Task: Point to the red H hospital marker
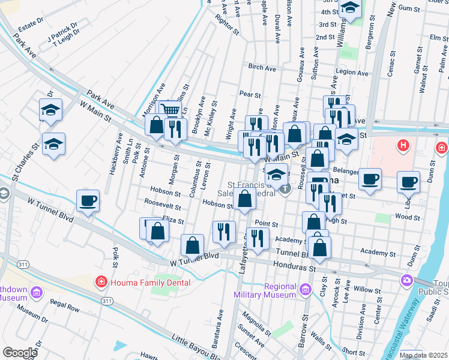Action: click(404, 145)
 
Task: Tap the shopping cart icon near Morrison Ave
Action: click(171, 110)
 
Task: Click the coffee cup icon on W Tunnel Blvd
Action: click(88, 200)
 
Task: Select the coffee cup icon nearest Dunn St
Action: click(409, 182)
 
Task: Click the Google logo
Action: click(20, 352)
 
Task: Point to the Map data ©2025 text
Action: click(423, 355)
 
